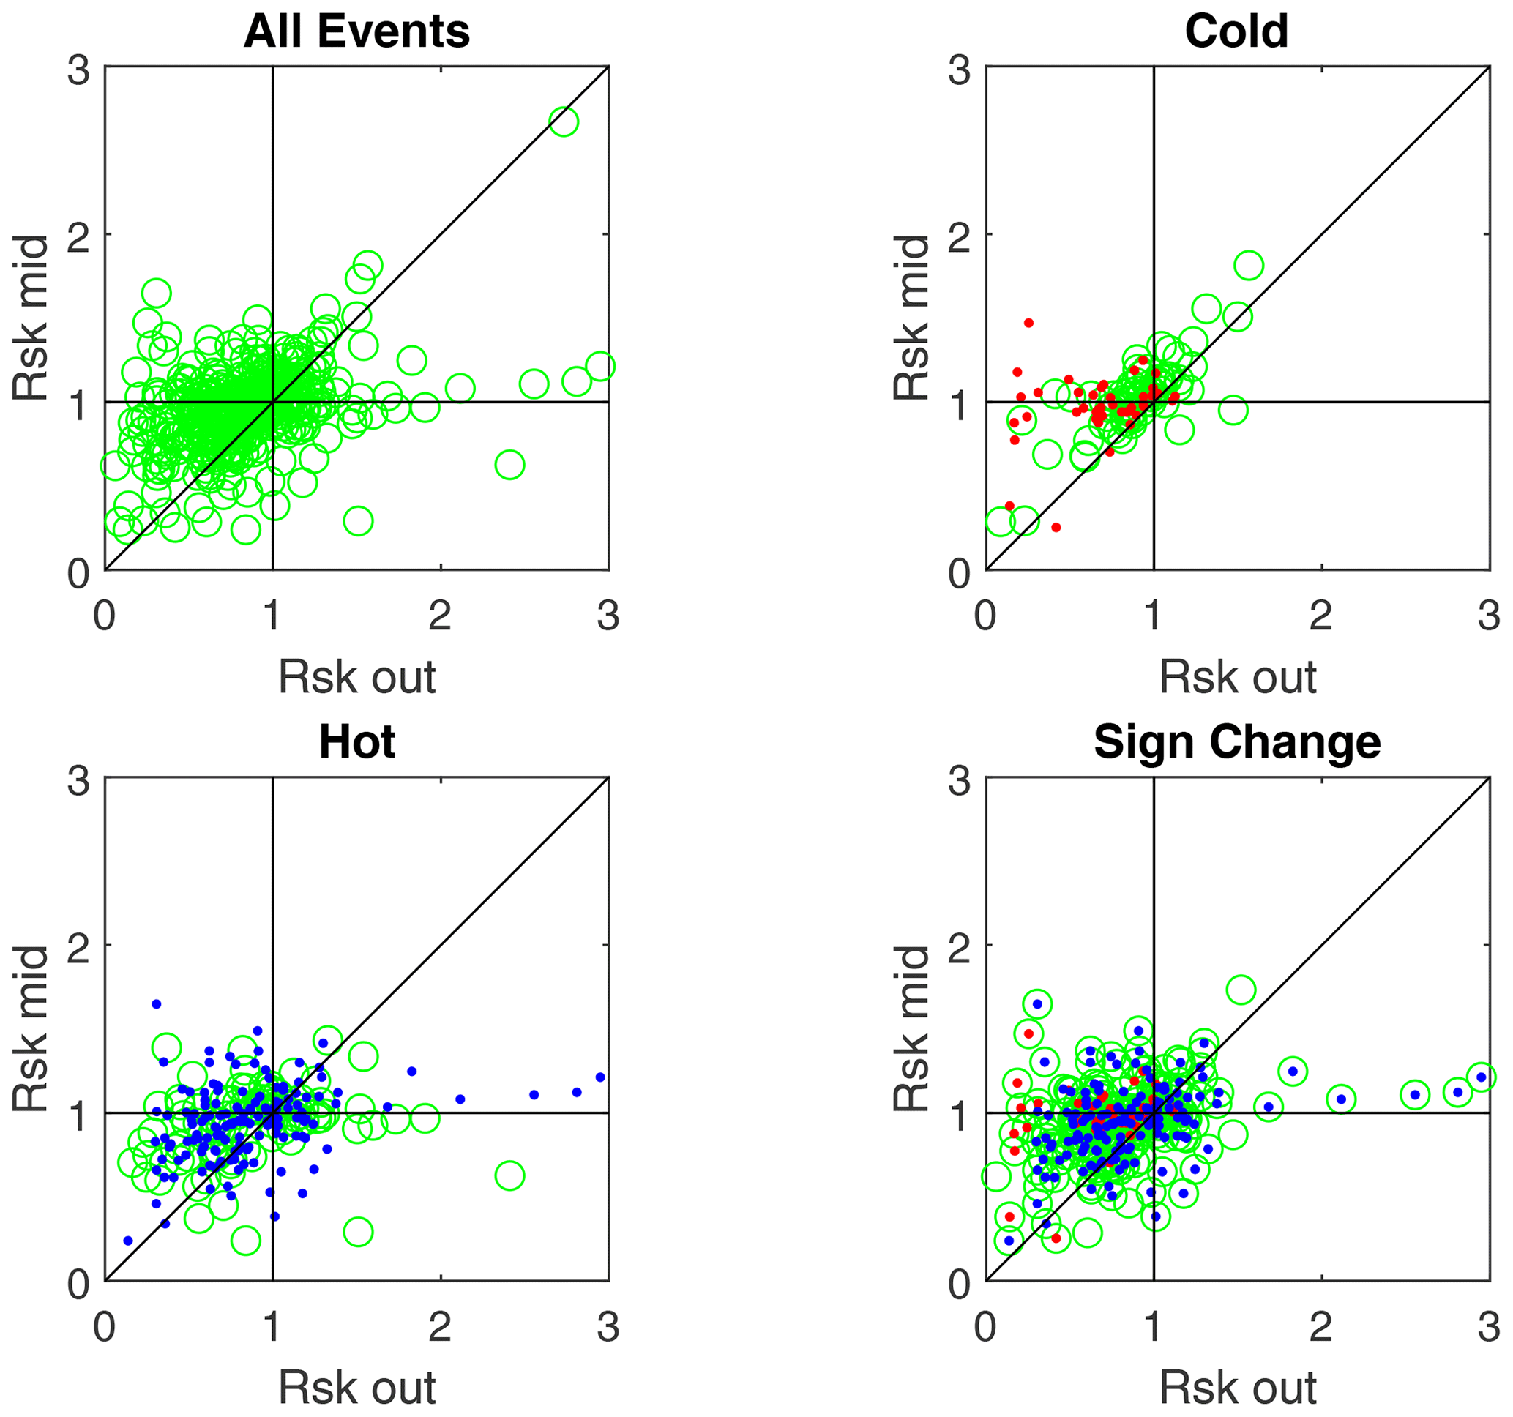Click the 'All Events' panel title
coord(356,32)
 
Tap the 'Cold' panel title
coord(1237,32)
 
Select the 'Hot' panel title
coord(357,742)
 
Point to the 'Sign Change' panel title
coord(1237,742)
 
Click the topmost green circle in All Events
coord(564,121)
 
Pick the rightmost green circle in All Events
coord(600,366)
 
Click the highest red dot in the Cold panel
coord(1029,323)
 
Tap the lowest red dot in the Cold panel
coord(1056,528)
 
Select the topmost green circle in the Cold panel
coord(1249,266)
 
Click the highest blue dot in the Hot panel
coord(156,1003)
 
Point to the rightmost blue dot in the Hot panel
coord(599,1077)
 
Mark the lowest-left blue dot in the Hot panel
coord(128,1241)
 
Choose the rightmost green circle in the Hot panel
coord(510,1175)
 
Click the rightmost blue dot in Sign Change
coord(1481,1077)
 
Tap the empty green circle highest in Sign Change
coord(1241,990)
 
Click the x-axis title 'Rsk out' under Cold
coord(1238,676)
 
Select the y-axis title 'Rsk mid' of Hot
coord(32,1029)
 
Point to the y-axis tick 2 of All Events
coord(79,235)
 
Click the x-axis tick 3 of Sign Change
coord(1489,1328)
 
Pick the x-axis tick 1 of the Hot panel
coord(272,1328)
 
